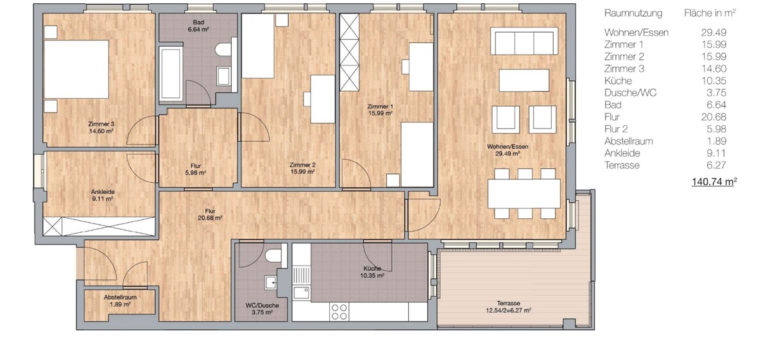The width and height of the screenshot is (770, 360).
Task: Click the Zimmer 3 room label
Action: (x=101, y=127)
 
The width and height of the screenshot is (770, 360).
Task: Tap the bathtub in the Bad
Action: (x=171, y=74)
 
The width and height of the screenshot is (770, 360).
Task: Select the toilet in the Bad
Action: (x=224, y=49)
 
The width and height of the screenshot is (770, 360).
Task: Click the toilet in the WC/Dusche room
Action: (x=273, y=255)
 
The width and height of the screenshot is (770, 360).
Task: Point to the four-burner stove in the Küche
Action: (x=339, y=312)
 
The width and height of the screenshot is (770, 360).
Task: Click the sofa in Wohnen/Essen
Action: (x=524, y=41)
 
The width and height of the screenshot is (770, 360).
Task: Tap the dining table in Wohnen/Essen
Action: (x=524, y=193)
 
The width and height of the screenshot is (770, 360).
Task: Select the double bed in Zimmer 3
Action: (x=76, y=69)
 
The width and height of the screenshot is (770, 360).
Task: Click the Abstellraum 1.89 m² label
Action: (x=120, y=300)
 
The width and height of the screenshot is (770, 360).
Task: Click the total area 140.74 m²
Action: (x=714, y=182)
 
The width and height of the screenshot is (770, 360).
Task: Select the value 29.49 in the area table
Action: (x=714, y=33)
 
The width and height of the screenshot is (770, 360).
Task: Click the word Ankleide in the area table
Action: (x=622, y=153)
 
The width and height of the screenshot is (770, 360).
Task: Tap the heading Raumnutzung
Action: (x=633, y=13)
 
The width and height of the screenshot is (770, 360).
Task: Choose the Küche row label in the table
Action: (x=618, y=81)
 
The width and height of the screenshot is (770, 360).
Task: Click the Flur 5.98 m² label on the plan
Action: (x=196, y=169)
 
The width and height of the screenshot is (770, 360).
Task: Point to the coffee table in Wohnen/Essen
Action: (x=524, y=80)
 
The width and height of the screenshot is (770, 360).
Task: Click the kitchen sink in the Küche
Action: (x=302, y=293)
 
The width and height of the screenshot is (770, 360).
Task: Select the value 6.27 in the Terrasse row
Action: (x=716, y=166)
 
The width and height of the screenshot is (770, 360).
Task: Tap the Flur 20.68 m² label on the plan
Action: (x=210, y=214)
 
